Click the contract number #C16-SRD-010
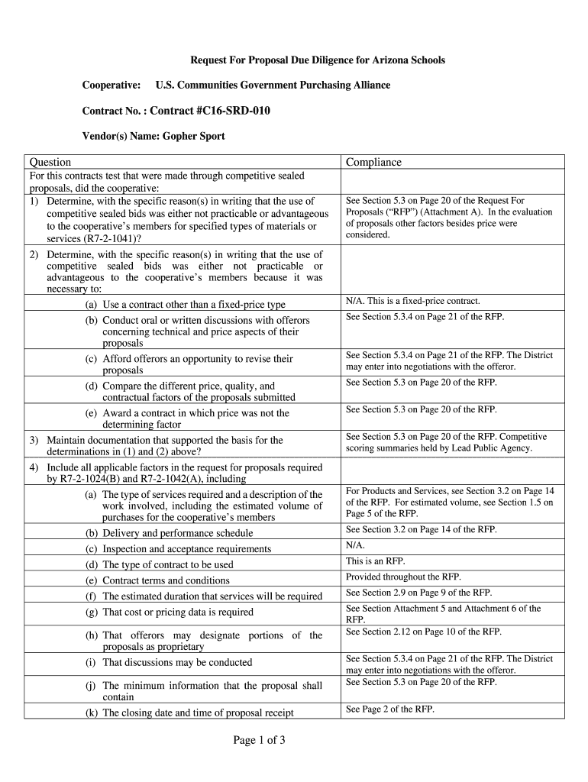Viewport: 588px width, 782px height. point(210,111)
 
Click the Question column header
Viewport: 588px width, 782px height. point(50,162)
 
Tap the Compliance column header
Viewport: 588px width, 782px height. point(373,162)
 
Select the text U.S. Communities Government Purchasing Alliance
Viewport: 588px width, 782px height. point(273,85)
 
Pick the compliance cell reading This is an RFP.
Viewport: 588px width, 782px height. point(375,561)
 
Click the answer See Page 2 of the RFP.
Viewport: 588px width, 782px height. point(390,709)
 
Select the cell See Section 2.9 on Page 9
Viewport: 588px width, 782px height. point(418,593)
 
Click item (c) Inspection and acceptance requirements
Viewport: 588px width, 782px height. point(179,549)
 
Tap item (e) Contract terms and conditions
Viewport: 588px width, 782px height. point(166,580)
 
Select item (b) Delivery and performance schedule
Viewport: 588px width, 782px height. point(169,533)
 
